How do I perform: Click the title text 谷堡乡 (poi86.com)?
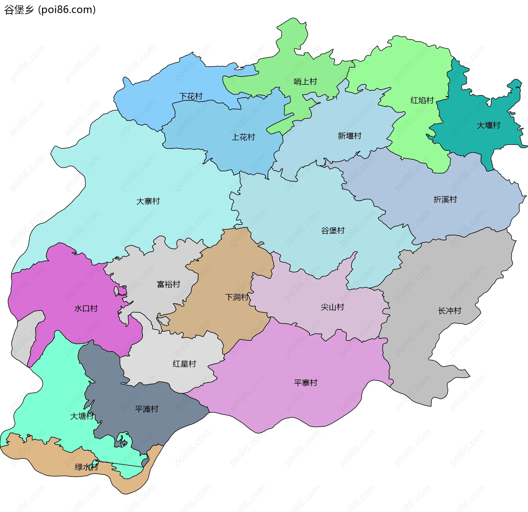[x=50, y=10]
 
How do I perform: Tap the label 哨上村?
[x=305, y=82]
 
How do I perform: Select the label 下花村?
[x=191, y=96]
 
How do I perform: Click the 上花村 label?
[x=243, y=137]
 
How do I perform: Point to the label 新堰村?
[x=350, y=136]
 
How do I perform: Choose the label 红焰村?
[x=422, y=100]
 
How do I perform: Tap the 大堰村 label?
[x=488, y=125]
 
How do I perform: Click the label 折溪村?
[x=445, y=200]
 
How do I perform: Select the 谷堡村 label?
[x=333, y=231]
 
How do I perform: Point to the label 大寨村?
[x=148, y=201]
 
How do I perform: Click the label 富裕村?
[x=169, y=284]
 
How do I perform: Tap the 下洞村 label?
[x=237, y=297]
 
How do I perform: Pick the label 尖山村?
[x=332, y=307]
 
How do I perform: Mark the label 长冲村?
[x=450, y=311]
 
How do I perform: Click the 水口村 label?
[x=86, y=309]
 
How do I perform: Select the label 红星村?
[x=184, y=364]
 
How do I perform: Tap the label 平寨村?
[x=306, y=383]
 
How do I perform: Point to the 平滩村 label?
[x=147, y=409]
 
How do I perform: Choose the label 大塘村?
[x=82, y=416]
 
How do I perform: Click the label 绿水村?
[x=86, y=467]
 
